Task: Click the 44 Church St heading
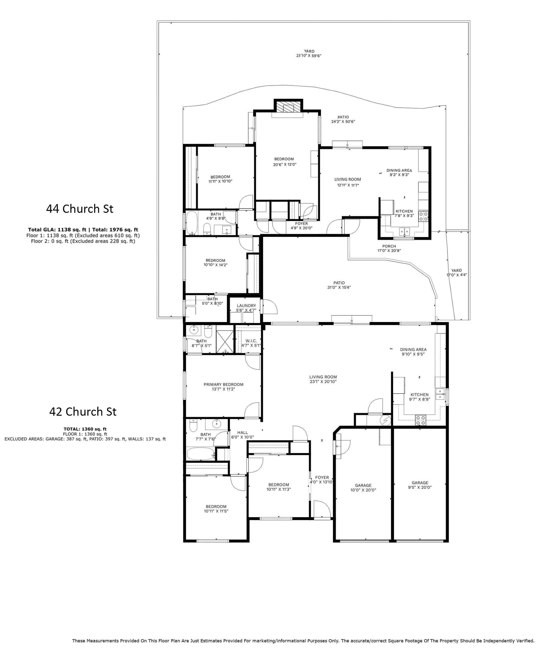80,209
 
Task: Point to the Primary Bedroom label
224,384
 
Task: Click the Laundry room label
246,306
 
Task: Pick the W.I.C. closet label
251,341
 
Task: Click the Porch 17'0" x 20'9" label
389,248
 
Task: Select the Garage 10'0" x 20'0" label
363,487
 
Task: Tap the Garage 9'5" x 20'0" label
420,485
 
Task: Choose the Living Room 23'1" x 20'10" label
323,379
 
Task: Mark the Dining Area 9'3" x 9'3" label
399,173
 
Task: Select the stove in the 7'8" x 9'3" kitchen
423,216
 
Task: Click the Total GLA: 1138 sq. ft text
57,230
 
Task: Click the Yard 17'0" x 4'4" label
457,273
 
